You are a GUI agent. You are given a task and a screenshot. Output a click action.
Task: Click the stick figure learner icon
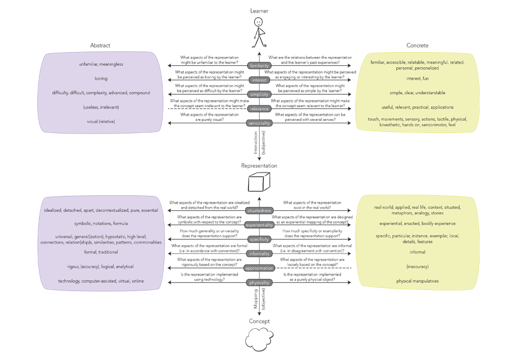tap(259, 32)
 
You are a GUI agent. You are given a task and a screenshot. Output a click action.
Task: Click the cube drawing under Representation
tap(259, 182)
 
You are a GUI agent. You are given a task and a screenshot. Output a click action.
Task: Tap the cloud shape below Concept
tap(259, 340)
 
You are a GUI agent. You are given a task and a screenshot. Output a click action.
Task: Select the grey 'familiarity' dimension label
tap(259, 65)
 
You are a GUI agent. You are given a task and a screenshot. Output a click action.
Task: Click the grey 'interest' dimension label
tap(259, 80)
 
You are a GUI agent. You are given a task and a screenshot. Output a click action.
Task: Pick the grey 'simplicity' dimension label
tap(259, 94)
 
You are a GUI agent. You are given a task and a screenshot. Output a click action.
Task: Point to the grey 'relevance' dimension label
tap(259, 108)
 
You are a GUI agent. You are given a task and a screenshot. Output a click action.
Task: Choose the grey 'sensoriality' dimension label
tap(259, 123)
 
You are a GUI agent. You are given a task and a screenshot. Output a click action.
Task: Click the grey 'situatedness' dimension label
tap(259, 210)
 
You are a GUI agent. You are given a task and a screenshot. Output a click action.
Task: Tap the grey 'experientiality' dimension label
tap(259, 225)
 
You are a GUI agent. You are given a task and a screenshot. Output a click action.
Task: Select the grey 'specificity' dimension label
tap(259, 239)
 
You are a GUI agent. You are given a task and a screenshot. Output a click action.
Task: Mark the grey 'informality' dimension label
tap(259, 253)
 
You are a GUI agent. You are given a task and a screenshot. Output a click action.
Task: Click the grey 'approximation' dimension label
tap(259, 268)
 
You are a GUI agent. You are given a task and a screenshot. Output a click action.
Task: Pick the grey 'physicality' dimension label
tap(259, 282)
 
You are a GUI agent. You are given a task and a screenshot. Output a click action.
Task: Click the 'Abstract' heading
tap(100, 46)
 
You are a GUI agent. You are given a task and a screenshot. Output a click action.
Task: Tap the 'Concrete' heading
tap(417, 46)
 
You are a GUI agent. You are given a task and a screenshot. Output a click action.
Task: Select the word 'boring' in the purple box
tap(101, 78)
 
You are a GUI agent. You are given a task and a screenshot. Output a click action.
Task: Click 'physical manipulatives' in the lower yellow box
tap(417, 281)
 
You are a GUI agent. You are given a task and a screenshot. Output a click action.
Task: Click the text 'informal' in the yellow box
tap(417, 252)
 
